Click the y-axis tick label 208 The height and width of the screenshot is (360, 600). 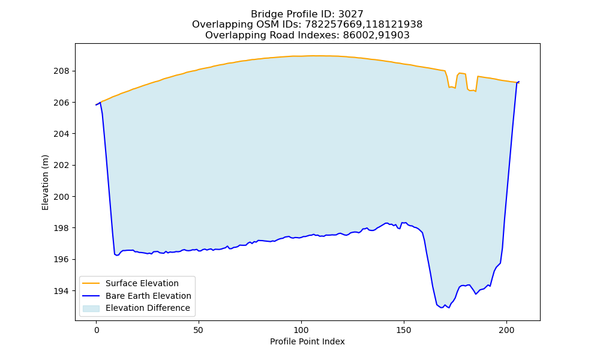pos(61,71)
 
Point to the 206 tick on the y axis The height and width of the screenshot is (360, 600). pos(61,103)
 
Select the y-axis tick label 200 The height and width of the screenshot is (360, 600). pos(61,197)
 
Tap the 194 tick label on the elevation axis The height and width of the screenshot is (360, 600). pos(61,291)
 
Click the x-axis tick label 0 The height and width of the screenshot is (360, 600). pos(96,330)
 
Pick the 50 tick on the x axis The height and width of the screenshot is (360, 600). pos(199,330)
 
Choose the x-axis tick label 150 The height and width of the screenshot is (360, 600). pos(404,330)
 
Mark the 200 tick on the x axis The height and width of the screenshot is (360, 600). pos(506,330)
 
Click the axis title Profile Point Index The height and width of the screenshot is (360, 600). pos(307,341)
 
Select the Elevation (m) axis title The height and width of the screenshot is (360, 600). pos(45,182)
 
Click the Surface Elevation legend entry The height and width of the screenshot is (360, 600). pos(142,283)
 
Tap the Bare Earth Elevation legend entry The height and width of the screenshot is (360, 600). pos(148,296)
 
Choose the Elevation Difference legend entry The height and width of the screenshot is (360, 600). pos(148,308)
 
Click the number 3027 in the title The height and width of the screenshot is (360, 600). pos(350,14)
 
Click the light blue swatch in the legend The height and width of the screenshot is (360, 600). pos(91,308)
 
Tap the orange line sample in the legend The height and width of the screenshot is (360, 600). pos(91,283)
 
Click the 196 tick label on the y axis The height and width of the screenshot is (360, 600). pos(61,259)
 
